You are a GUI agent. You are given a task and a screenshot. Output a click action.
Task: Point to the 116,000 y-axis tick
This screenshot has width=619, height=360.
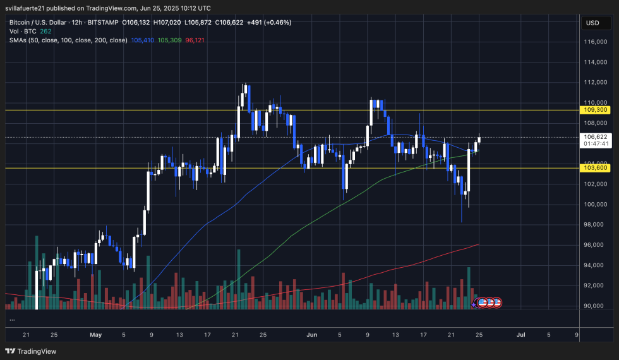tap(596, 42)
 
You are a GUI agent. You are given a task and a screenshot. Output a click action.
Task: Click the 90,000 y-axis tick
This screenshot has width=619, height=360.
tap(596, 306)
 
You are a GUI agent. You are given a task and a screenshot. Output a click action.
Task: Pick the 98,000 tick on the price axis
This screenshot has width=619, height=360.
tap(596, 225)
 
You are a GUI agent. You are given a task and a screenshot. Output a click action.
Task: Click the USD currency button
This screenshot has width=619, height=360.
tap(592, 23)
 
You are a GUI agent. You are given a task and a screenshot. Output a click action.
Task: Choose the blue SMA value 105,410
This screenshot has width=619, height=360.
tap(141, 40)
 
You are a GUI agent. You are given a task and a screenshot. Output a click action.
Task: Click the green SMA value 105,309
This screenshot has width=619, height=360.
tap(170, 40)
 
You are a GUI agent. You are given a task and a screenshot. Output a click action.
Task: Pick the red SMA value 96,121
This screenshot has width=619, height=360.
tap(195, 40)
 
